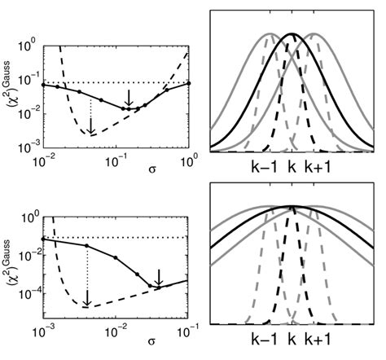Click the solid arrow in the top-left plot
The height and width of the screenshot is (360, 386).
tap(128, 97)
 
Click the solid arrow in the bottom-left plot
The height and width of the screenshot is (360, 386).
tap(160, 276)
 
